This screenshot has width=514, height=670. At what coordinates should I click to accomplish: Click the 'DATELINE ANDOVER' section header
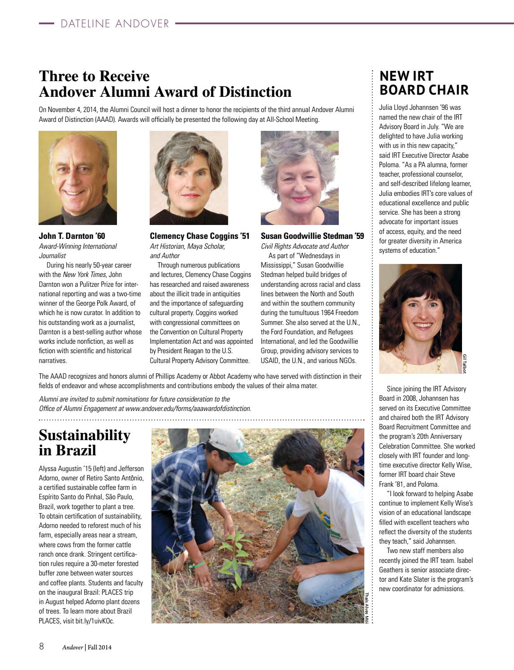pyautogui.click(x=115, y=24)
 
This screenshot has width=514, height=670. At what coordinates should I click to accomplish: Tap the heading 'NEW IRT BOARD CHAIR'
pyautogui.click(x=423, y=83)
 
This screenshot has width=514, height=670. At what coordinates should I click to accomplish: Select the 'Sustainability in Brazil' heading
pyautogui.click(x=85, y=442)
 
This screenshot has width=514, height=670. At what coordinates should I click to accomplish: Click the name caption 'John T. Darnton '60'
pyautogui.click(x=72, y=236)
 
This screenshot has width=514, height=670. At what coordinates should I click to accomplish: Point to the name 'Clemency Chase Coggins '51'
pyautogui.click(x=199, y=236)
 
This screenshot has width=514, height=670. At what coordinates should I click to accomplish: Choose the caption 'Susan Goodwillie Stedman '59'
pyautogui.click(x=312, y=236)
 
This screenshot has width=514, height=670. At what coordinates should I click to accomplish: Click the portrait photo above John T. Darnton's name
pyautogui.click(x=78, y=177)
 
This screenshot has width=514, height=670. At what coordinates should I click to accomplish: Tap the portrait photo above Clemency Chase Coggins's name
pyautogui.click(x=189, y=177)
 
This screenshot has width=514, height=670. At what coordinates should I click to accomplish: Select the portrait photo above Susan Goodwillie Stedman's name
pyautogui.click(x=300, y=177)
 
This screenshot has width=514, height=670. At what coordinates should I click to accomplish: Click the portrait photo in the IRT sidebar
pyautogui.click(x=420, y=318)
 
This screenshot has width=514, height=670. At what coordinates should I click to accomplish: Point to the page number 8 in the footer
pyautogui.click(x=41, y=647)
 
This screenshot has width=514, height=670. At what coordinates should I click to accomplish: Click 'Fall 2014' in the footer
pyautogui.click(x=99, y=647)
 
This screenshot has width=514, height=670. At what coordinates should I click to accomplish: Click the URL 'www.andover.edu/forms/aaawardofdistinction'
pyautogui.click(x=188, y=408)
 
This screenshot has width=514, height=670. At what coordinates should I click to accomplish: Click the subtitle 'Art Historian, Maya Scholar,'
pyautogui.click(x=187, y=246)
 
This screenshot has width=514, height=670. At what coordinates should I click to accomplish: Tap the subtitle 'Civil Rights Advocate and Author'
pyautogui.click(x=305, y=246)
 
